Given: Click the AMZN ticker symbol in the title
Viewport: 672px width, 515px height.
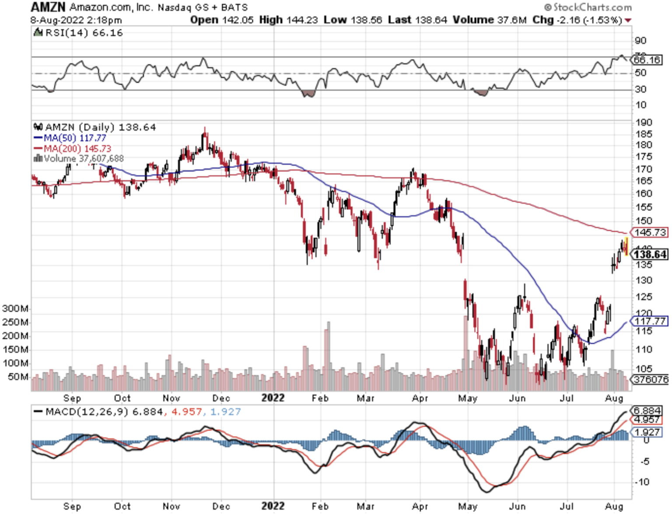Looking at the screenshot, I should pyautogui.click(x=48, y=7).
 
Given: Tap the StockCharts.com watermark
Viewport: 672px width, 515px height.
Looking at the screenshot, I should pyautogui.click(x=588, y=7).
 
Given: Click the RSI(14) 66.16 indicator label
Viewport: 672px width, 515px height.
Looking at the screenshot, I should pyautogui.click(x=79, y=33).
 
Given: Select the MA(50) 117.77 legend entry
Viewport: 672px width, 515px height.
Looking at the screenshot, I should pyautogui.click(x=70, y=138).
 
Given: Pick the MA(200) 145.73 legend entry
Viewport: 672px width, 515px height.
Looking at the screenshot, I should pyautogui.click(x=73, y=149).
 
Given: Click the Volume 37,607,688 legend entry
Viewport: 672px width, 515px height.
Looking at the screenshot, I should pyautogui.click(x=79, y=159).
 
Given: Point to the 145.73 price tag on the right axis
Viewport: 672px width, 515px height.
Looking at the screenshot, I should pyautogui.click(x=651, y=233).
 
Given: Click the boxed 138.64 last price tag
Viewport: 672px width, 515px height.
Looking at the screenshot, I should pyautogui.click(x=651, y=254).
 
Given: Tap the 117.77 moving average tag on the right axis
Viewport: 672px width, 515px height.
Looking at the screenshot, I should pyautogui.click(x=651, y=321).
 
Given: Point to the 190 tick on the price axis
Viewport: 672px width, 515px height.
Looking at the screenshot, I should pyautogui.click(x=644, y=122).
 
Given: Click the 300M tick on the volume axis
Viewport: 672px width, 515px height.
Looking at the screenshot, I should pyautogui.click(x=15, y=309).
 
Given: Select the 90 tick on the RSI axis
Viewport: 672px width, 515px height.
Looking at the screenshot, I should pyautogui.click(x=640, y=41).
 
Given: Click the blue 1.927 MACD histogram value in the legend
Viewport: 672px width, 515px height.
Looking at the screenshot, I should pyautogui.click(x=225, y=412).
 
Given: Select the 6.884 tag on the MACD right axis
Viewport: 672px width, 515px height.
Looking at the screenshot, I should pyautogui.click(x=647, y=411).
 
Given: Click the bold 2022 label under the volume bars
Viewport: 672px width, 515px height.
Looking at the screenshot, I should pyautogui.click(x=273, y=398).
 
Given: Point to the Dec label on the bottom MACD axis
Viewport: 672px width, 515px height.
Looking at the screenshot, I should pyautogui.click(x=221, y=506).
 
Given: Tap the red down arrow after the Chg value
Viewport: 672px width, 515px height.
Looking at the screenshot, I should pyautogui.click(x=628, y=21).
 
